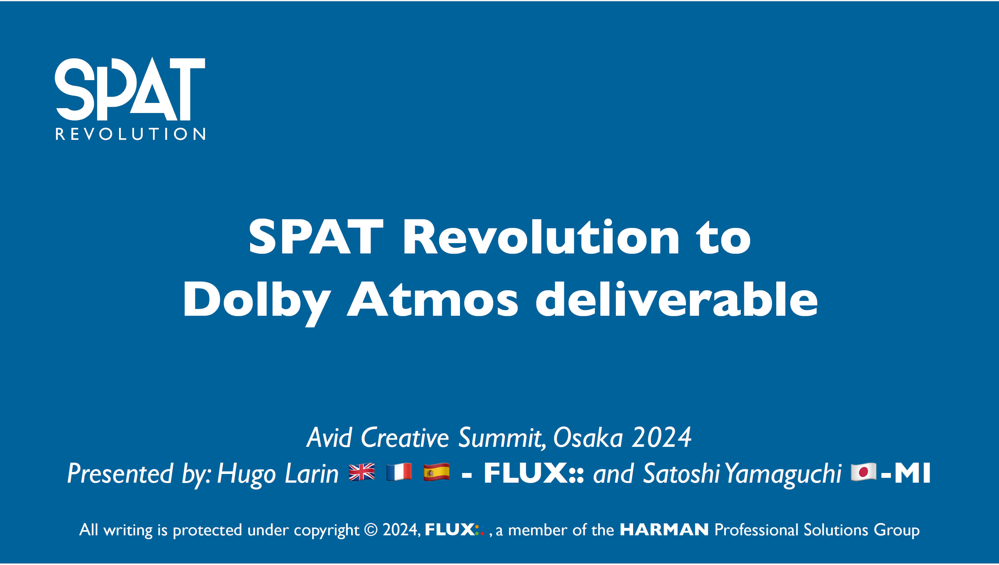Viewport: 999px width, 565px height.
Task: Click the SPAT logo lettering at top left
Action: point(130,89)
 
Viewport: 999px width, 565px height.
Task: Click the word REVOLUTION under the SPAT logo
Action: point(130,134)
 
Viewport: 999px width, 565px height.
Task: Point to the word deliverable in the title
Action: point(677,298)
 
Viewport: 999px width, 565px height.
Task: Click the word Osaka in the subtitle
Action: point(588,437)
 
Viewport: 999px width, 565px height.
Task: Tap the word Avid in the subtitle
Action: point(329,437)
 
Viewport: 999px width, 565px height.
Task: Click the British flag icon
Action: point(362,472)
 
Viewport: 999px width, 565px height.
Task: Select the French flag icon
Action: point(399,472)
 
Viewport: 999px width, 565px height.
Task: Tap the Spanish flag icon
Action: point(436,472)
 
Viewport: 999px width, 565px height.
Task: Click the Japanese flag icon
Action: point(863,472)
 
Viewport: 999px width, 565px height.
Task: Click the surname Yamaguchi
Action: point(783,475)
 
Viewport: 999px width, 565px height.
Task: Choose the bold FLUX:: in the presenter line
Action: point(534,473)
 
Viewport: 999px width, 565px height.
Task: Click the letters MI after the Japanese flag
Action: point(912,473)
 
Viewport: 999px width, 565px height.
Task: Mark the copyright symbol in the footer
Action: point(371,530)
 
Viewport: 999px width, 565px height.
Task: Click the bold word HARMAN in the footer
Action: point(664,530)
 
